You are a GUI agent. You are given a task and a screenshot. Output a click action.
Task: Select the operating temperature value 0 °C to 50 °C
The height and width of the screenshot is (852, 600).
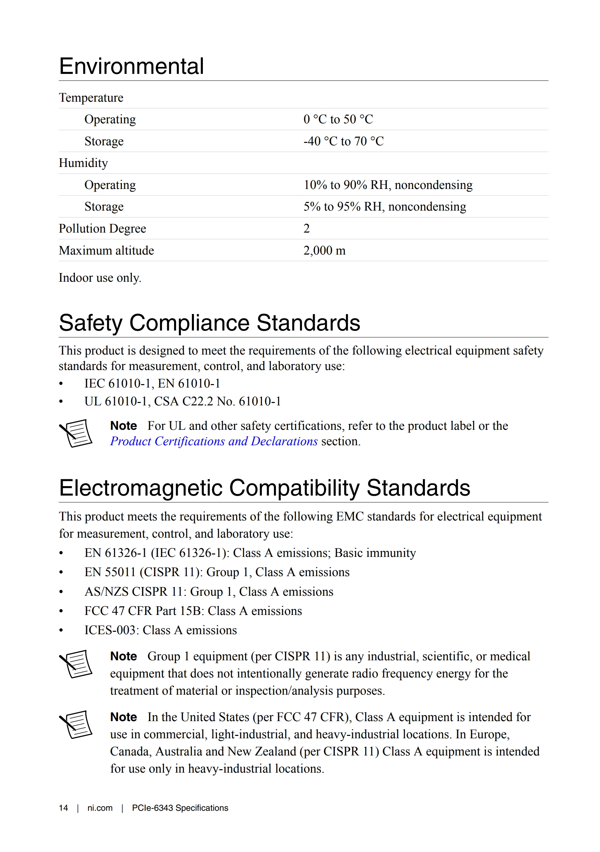338,119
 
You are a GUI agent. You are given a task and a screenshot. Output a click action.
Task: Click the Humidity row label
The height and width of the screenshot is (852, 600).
83,163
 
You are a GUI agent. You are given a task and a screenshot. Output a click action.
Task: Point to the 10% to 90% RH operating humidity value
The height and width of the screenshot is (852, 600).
388,185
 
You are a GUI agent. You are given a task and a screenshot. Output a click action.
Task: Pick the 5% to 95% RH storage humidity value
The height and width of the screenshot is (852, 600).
384,207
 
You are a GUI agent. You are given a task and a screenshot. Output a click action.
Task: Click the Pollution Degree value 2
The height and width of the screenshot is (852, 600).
306,228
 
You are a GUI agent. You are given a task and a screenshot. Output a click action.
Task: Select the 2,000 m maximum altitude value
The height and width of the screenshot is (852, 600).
324,250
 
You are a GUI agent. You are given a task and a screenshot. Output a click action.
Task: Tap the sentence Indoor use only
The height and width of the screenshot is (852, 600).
100,278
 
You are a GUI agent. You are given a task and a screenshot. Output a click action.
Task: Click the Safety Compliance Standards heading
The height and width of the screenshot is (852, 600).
209,323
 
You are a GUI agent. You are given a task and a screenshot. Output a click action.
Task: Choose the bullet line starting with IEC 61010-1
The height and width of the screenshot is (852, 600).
152,383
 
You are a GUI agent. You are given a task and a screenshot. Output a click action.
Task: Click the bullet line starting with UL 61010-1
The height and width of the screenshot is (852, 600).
183,401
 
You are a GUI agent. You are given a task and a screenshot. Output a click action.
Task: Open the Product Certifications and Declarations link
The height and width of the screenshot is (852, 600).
214,441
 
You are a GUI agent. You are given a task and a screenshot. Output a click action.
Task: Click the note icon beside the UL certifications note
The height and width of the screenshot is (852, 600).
76,433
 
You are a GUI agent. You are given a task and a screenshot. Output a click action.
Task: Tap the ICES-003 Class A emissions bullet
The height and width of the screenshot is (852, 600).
160,630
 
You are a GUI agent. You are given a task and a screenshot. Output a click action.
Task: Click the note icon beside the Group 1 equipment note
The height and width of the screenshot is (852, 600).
76,664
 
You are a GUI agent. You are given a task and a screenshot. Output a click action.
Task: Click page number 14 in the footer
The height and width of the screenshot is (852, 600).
64,808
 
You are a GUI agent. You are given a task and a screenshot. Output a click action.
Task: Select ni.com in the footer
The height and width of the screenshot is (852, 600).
100,808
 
